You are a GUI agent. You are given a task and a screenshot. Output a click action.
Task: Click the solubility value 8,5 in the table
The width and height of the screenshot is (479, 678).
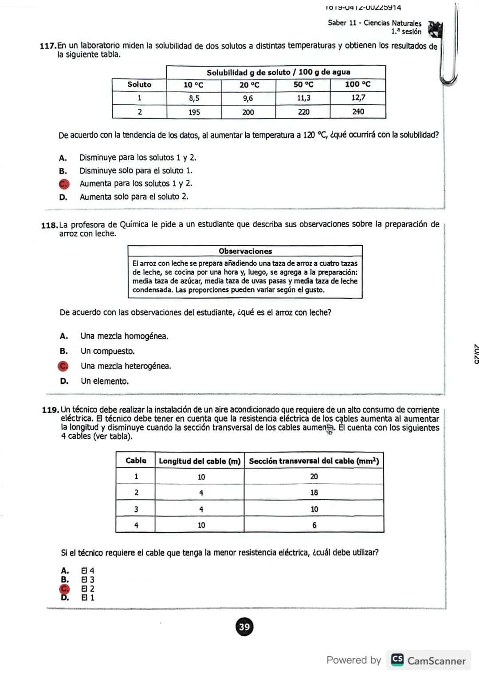click(194, 99)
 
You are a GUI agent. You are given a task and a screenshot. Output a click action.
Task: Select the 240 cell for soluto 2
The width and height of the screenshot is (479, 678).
click(358, 112)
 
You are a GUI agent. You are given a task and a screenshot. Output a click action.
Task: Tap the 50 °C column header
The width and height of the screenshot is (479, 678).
click(303, 85)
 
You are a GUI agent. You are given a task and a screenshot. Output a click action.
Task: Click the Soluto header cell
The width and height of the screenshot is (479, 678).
click(139, 85)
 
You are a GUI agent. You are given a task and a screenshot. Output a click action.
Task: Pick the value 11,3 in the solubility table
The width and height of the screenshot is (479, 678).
click(303, 98)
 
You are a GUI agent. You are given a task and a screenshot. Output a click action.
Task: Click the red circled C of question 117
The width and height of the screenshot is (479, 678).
click(64, 184)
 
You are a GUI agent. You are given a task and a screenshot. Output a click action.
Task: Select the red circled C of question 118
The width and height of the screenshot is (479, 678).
click(63, 366)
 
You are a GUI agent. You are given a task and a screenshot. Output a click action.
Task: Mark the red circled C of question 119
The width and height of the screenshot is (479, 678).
click(65, 589)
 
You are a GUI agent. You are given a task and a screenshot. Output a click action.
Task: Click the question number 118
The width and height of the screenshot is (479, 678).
click(49, 225)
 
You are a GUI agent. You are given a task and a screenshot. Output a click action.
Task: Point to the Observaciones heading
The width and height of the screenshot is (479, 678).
click(245, 251)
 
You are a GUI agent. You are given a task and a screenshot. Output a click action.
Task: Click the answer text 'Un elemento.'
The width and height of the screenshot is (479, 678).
click(105, 381)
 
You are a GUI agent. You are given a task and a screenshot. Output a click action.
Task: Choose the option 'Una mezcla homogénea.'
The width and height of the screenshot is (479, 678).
click(124, 336)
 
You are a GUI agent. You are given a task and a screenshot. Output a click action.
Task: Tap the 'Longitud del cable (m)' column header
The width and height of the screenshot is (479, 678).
click(200, 461)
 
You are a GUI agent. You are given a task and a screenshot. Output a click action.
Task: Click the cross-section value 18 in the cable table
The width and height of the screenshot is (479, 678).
click(314, 493)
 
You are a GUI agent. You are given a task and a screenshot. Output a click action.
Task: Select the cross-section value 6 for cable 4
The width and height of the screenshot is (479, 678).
click(314, 525)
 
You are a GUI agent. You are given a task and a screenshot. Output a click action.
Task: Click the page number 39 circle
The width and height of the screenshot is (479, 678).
click(244, 627)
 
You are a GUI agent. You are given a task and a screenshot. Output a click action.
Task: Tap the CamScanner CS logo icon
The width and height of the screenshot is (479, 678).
click(397, 660)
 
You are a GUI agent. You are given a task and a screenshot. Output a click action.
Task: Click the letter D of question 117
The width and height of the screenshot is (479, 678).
click(63, 197)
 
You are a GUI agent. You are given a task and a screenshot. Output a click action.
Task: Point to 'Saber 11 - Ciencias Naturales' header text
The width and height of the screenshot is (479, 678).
click(374, 23)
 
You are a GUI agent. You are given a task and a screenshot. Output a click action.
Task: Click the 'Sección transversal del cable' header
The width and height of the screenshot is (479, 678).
click(314, 461)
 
